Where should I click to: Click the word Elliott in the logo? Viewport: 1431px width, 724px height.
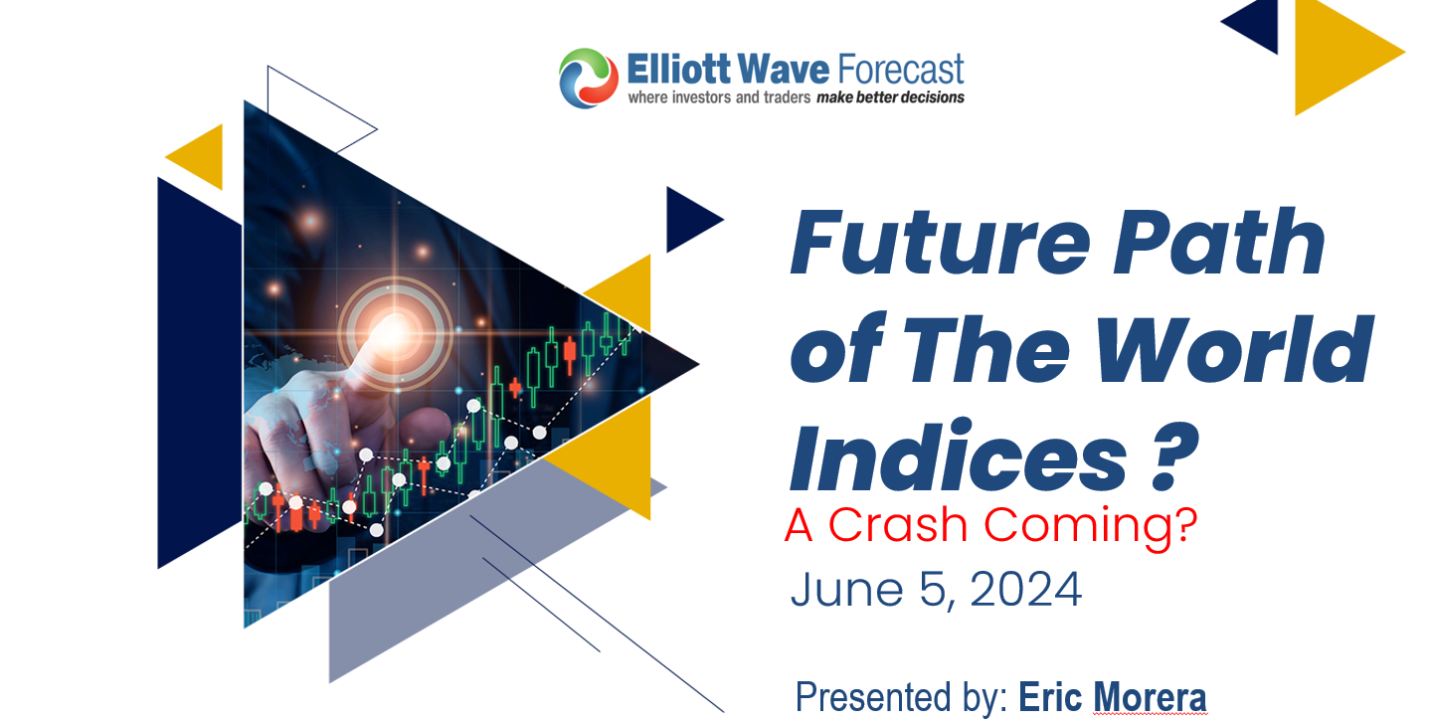pyautogui.click(x=673, y=71)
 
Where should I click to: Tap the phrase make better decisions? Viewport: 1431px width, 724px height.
pyautogui.click(x=890, y=97)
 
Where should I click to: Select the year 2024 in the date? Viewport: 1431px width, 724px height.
pyautogui.click(x=1025, y=591)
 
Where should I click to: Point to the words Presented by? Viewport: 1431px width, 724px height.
pyautogui.click(x=901, y=698)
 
